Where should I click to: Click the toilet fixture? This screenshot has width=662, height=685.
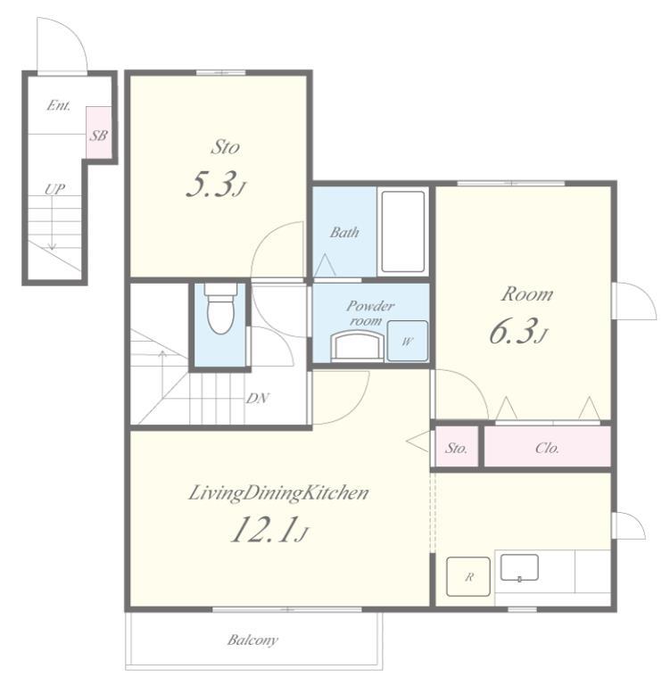pos(221,308)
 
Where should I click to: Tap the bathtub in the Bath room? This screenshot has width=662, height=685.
pos(402,231)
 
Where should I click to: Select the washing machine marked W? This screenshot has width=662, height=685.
pos(407,341)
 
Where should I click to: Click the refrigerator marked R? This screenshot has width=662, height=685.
pos(468,576)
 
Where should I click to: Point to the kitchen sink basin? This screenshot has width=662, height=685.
pos(519,567)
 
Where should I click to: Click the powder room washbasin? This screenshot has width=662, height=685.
pos(358,346)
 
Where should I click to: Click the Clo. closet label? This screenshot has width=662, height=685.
pos(547,448)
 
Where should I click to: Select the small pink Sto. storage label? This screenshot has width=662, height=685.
pos(456,448)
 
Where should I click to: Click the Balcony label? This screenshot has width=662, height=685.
pos(252,640)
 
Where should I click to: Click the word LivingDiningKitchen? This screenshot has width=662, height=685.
pos(278,493)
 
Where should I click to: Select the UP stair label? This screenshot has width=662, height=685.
pos(54,189)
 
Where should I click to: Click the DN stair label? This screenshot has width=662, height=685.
pos(257,398)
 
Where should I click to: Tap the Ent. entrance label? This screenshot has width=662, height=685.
pos(59,105)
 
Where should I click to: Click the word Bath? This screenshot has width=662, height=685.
pos(344,232)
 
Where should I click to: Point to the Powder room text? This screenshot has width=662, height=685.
pos(369,313)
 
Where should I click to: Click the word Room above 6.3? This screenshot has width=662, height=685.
pos(527,294)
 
